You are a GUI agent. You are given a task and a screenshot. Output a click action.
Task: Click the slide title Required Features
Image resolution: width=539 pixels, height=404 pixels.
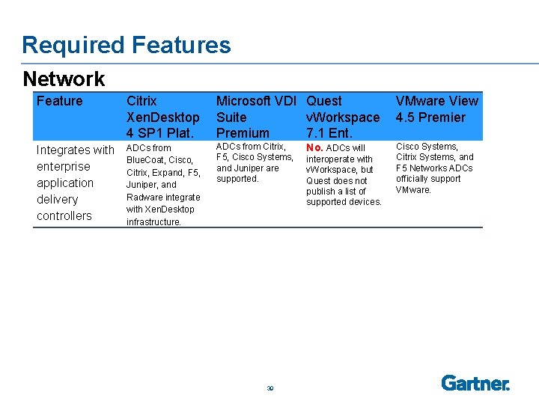[x=126, y=45]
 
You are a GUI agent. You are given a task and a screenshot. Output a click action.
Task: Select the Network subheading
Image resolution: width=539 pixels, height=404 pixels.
[x=64, y=79]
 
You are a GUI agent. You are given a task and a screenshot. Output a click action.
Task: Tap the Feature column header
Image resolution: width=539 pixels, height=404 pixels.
[x=59, y=101]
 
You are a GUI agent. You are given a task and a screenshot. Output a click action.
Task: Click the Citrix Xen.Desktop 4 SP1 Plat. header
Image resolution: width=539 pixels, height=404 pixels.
[x=162, y=117]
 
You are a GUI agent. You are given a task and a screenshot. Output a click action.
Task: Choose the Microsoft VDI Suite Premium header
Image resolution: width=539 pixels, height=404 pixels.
[x=256, y=117]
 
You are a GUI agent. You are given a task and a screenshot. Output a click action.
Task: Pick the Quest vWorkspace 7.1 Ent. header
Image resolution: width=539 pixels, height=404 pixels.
[x=343, y=117]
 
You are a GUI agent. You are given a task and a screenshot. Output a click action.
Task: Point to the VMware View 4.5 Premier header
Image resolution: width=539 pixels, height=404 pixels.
[x=436, y=109]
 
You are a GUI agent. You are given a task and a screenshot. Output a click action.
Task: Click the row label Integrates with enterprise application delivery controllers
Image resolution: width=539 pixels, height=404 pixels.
[x=75, y=183]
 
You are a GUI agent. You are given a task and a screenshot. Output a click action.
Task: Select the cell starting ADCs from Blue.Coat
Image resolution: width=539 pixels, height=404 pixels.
[x=163, y=184]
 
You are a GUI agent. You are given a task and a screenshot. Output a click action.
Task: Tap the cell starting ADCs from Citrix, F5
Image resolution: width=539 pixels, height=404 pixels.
[x=254, y=162]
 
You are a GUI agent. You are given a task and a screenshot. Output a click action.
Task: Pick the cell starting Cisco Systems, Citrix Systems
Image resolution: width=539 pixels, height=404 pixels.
[x=434, y=168]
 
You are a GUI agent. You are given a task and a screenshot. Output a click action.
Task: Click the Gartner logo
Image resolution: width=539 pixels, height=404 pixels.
[x=475, y=383]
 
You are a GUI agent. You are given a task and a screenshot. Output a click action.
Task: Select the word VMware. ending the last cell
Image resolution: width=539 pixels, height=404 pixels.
[x=413, y=190]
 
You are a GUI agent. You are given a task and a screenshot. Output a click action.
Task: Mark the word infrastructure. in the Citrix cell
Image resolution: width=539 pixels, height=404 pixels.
[x=153, y=221]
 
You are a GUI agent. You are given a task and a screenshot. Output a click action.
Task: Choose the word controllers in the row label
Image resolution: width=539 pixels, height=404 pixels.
[x=64, y=215]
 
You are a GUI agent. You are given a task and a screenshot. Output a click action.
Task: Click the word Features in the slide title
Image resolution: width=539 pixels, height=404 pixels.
[x=180, y=45]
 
